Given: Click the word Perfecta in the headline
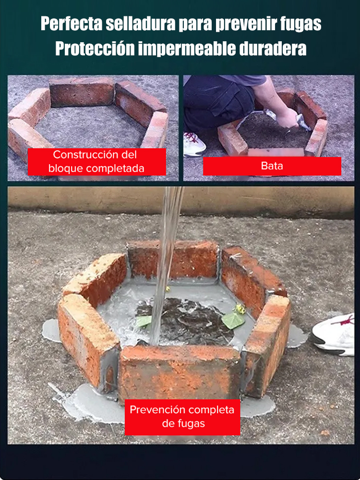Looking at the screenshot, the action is [x=72, y=24].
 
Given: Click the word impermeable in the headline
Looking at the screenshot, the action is [x=187, y=49].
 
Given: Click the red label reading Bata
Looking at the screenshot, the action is [x=272, y=166].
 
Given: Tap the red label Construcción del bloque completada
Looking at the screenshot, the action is [x=97, y=162].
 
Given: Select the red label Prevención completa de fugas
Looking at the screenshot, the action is [x=182, y=417].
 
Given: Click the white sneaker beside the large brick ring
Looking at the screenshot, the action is [x=334, y=335].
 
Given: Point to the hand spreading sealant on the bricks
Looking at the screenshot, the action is [x=288, y=118].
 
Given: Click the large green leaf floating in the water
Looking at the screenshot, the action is [x=233, y=320].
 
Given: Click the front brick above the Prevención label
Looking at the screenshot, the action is [x=179, y=372].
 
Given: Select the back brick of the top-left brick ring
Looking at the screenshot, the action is [x=82, y=92].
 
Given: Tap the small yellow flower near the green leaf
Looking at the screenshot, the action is [x=240, y=309].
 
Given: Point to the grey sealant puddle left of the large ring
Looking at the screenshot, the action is [x=51, y=330].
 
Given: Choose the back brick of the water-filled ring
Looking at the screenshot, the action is [x=173, y=260].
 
